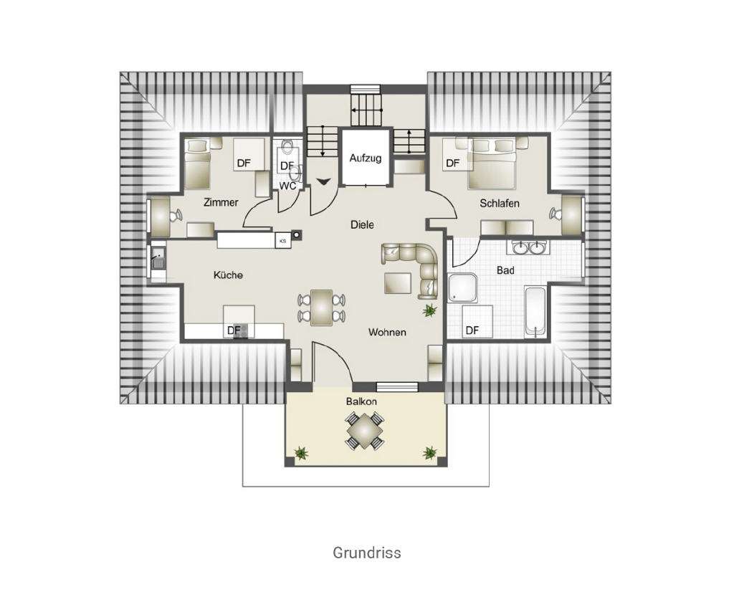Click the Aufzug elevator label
point(366,158)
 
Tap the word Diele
point(362,224)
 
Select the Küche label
point(228,275)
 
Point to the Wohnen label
point(387,332)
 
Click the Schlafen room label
point(499,204)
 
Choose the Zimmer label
point(221,203)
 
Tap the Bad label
point(505,270)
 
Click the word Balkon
point(361,401)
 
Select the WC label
point(287,186)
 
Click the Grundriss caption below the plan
point(366,553)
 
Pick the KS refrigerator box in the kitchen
point(282,241)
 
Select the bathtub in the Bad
point(535,311)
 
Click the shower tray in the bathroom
point(463,288)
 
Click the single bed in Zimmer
point(197,163)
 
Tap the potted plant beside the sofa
point(430,310)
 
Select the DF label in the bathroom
point(472,330)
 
